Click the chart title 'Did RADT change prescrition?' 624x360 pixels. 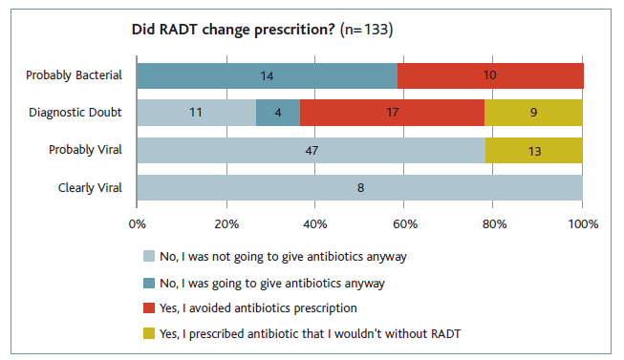coord(233,31)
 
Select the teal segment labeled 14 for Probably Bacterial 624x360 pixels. coord(267,75)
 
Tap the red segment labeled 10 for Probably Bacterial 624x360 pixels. coord(490,75)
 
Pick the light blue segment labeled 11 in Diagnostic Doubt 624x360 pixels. coord(196,113)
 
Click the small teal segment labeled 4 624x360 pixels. coord(277,113)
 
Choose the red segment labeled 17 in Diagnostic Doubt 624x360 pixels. coord(392,113)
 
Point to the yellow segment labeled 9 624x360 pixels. coord(533,113)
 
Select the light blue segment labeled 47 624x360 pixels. coord(311,150)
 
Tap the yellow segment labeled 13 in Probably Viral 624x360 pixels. coord(533,150)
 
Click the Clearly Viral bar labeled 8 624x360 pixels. coord(359,187)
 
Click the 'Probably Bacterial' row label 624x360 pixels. coord(74,75)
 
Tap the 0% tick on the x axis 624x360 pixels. coord(137,225)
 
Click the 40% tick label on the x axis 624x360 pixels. coord(315,225)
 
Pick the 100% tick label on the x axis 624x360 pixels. coord(582,225)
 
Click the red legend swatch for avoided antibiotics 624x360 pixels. coord(148,307)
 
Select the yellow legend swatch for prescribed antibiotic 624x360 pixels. coord(148,333)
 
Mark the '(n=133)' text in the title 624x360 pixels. coord(366,31)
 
